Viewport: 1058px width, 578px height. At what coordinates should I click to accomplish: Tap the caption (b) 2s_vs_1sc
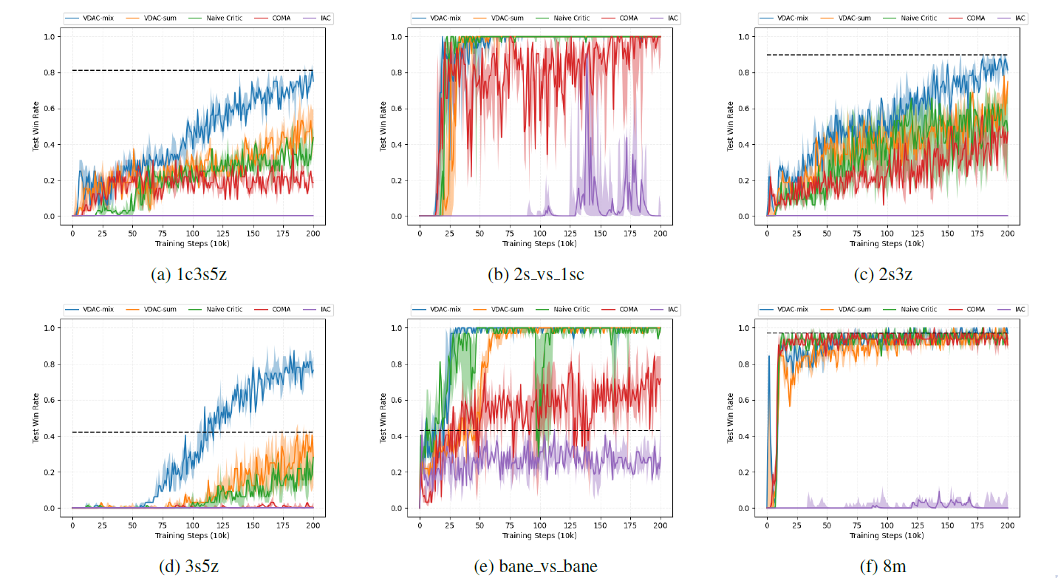(536, 275)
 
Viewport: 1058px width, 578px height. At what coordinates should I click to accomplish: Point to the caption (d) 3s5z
(188, 567)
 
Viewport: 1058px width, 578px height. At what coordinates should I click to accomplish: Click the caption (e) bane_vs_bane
(536, 567)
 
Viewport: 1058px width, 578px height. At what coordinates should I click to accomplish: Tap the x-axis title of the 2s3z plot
(887, 243)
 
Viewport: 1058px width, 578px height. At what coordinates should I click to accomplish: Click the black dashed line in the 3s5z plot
(192, 432)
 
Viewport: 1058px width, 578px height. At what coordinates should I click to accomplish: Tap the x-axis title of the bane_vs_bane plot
(539, 535)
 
